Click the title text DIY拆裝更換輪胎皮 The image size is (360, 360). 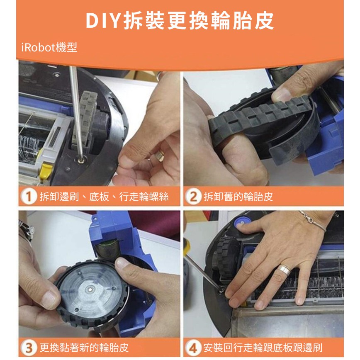click(180, 21)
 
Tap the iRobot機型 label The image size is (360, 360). click(49, 48)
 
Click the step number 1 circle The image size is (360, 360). click(29, 197)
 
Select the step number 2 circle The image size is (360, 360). click(193, 197)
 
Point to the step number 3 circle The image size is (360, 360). click(29, 348)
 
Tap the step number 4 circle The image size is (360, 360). click(193, 348)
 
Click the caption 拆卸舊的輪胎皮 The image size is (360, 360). click(238, 197)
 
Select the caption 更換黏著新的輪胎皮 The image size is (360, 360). click(84, 348)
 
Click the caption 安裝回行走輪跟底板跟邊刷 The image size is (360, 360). click(263, 348)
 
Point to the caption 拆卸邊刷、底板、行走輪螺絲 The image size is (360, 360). click(104, 197)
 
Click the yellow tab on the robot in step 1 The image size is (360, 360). click(46, 171)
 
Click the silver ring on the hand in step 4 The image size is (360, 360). click(284, 270)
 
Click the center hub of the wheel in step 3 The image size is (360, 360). click(90, 290)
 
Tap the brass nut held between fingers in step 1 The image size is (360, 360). click(160, 156)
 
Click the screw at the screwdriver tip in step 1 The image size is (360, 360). click(80, 160)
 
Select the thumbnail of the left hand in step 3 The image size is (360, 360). click(49, 300)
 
